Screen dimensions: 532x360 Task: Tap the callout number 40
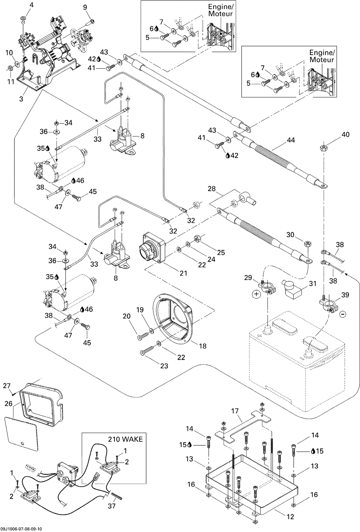345,135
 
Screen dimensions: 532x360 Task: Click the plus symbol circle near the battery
256,294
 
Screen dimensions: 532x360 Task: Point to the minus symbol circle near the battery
342,314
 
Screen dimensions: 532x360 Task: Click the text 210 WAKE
125,439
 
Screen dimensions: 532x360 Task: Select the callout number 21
183,273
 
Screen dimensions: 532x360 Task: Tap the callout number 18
203,346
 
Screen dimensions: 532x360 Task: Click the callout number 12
291,517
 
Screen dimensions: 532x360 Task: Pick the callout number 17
235,410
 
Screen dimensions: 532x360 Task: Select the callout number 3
21,99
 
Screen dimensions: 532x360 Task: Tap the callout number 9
85,7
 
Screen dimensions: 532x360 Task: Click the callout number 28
211,189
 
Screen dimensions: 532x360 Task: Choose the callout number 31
312,283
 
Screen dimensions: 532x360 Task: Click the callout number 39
345,295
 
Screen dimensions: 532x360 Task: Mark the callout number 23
164,366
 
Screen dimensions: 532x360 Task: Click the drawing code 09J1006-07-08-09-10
22,529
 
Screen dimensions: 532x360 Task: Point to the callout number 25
221,253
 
